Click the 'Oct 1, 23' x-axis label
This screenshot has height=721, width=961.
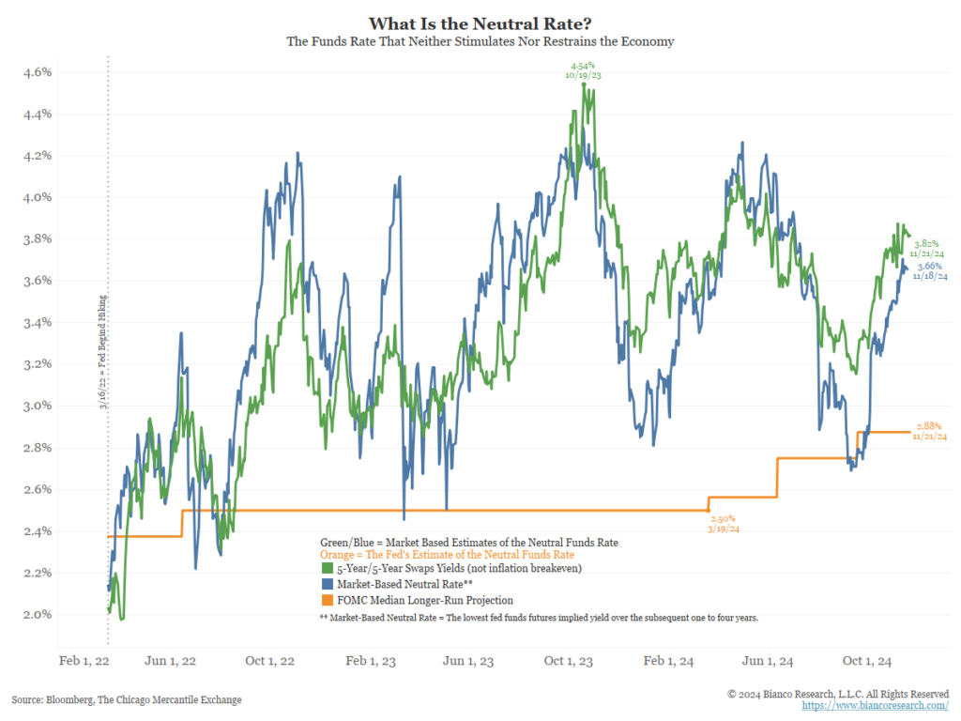pos(570,661)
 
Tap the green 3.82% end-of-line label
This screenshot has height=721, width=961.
pos(928,248)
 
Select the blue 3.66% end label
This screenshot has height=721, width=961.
pos(928,272)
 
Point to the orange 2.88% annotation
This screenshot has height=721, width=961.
pos(928,432)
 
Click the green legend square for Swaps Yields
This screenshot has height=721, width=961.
pos(327,569)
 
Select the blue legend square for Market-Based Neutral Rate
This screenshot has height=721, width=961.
pos(327,584)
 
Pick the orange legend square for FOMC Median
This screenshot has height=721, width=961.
pos(327,600)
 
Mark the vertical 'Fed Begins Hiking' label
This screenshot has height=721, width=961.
pos(101,353)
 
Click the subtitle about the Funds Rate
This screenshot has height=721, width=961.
pos(480,42)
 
